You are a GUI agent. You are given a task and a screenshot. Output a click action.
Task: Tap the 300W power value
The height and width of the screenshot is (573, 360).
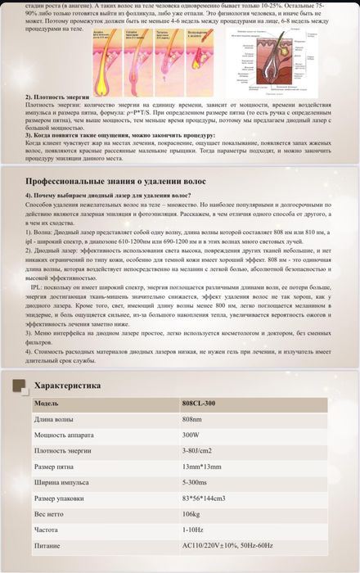click(x=191, y=435)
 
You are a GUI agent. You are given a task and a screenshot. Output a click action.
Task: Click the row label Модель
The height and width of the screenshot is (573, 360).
click(x=47, y=404)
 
